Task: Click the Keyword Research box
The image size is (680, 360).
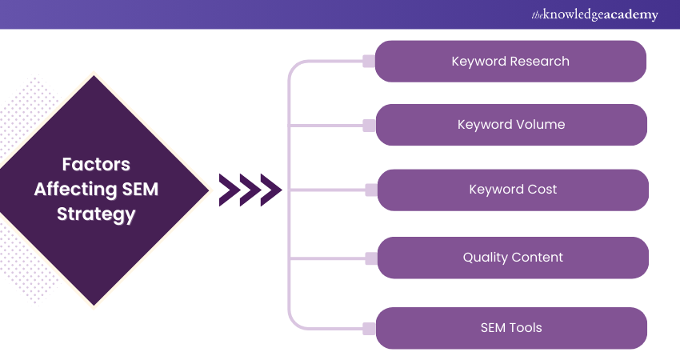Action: (510, 62)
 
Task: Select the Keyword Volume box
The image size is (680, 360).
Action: (510, 125)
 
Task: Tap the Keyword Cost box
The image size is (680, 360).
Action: (512, 190)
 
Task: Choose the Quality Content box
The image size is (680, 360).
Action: (512, 258)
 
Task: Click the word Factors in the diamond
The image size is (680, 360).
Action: (96, 165)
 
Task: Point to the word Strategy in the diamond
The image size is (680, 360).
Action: (96, 214)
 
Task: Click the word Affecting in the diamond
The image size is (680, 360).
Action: (84, 190)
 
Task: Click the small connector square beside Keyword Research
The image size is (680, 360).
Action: (369, 62)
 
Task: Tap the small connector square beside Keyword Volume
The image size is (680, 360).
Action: (369, 125)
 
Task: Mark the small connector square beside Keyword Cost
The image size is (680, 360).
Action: (370, 190)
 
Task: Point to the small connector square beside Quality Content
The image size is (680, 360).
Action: (370, 258)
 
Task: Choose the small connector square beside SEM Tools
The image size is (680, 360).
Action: (369, 327)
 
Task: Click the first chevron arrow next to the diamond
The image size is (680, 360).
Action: (229, 190)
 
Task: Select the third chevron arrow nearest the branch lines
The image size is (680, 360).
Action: (270, 190)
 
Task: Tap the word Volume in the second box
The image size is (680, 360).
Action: (540, 125)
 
